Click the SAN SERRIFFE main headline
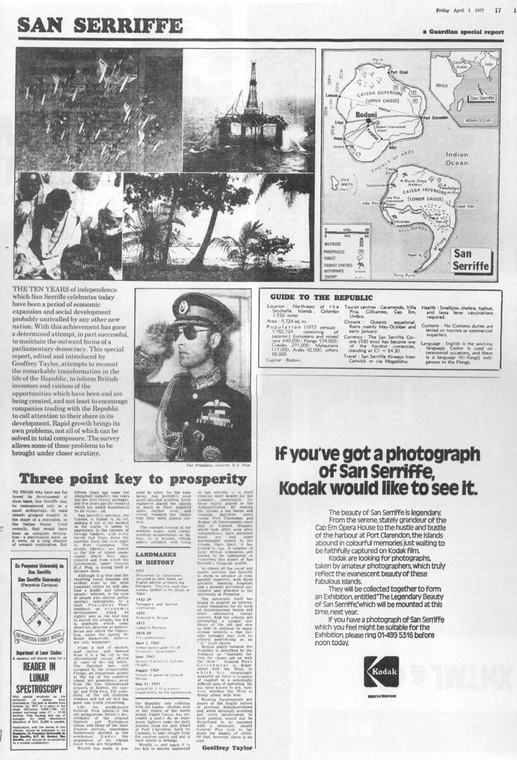point(100,25)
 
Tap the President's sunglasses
point(191,332)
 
